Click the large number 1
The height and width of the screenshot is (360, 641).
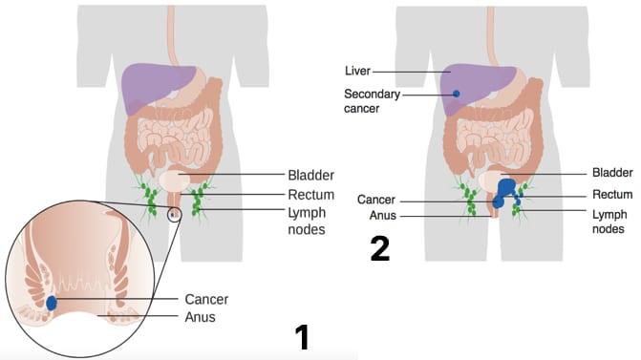point(303,337)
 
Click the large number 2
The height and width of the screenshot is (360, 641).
point(380,248)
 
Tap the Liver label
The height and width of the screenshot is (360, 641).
point(357,71)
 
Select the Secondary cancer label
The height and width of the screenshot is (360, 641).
point(372,101)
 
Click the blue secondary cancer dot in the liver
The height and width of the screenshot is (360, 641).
point(457,94)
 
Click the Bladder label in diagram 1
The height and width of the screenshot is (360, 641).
point(310,175)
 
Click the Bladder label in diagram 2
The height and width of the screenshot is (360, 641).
point(612,173)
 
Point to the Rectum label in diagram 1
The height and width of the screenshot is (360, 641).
point(310,195)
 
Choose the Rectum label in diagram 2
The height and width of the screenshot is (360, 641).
point(612,194)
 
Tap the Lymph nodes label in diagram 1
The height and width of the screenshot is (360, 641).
point(307,221)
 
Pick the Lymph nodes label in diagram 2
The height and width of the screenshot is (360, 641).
point(609,222)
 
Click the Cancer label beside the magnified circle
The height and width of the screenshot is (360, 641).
point(206,299)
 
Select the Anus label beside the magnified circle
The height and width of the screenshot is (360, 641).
point(200,317)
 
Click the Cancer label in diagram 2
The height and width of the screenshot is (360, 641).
point(376,200)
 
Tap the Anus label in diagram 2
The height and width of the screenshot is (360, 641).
point(383,215)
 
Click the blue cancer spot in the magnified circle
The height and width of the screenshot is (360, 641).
point(51,303)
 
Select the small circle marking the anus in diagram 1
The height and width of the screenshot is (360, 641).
point(175,214)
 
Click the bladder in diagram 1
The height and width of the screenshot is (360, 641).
point(174,180)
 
